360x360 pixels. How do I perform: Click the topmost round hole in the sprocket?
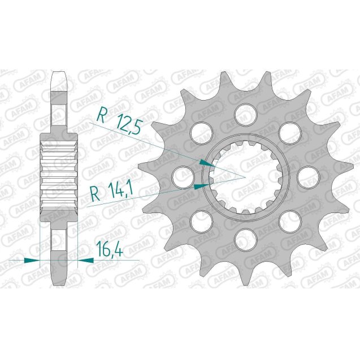(x=244, y=114)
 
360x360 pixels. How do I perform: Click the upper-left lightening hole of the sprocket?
(x=201, y=131)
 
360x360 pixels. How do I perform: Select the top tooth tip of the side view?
(x=59, y=76)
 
